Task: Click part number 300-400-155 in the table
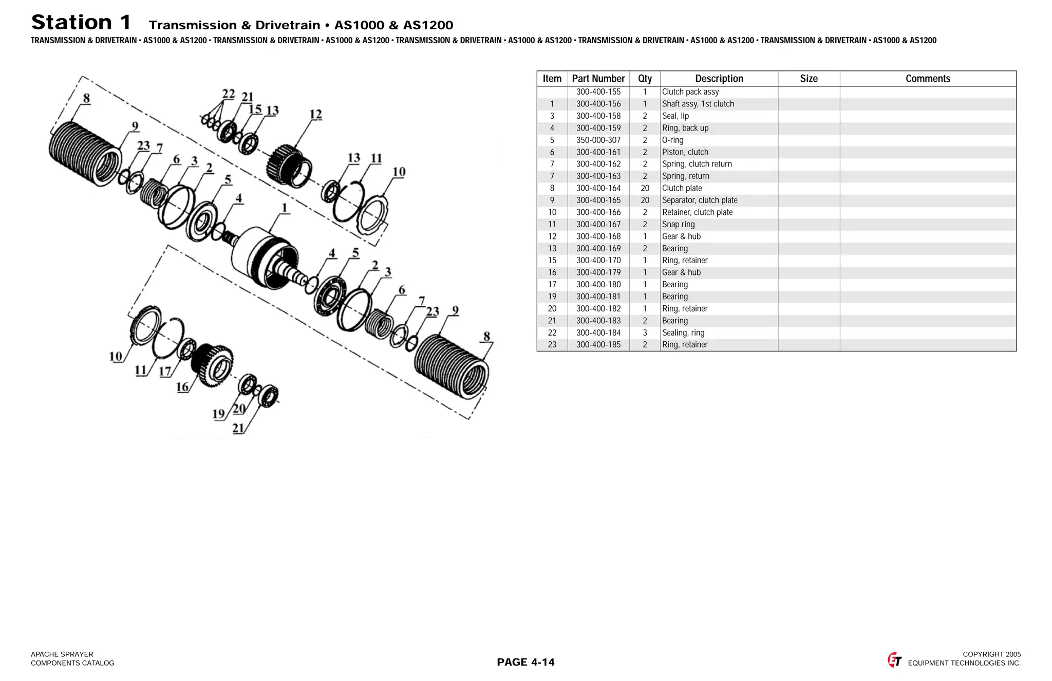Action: pyautogui.click(x=598, y=92)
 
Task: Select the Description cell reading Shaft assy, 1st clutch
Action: pyautogui.click(x=698, y=104)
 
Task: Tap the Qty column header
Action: pyautogui.click(x=645, y=79)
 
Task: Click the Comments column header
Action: pyautogui.click(x=927, y=79)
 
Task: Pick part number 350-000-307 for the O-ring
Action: pyautogui.click(x=598, y=140)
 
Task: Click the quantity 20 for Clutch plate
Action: pyautogui.click(x=645, y=188)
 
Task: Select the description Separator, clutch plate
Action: pyautogui.click(x=699, y=200)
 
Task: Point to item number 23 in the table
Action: pyautogui.click(x=552, y=345)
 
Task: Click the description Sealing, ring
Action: pyautogui.click(x=683, y=333)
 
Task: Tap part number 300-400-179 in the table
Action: pyautogui.click(x=598, y=272)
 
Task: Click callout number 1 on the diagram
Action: pyautogui.click(x=284, y=208)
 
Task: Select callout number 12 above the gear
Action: pyautogui.click(x=315, y=114)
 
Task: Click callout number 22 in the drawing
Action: pyautogui.click(x=228, y=94)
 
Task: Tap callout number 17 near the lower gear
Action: pyautogui.click(x=165, y=371)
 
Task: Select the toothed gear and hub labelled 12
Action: pyautogui.click(x=289, y=164)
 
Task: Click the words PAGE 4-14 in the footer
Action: pyautogui.click(x=525, y=662)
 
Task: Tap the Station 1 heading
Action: pyautogui.click(x=81, y=23)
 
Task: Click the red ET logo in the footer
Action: pyautogui.click(x=894, y=660)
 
